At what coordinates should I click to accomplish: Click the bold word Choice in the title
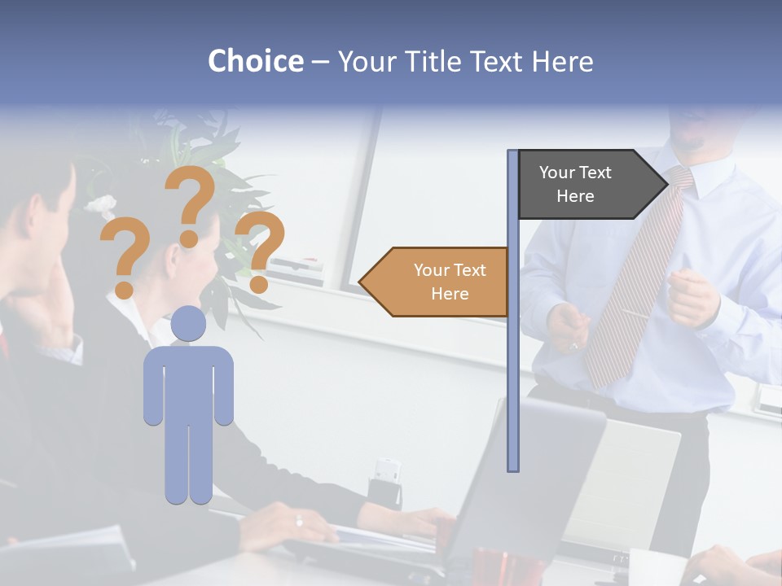click(255, 61)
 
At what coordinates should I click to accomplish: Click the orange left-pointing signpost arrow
click(436, 282)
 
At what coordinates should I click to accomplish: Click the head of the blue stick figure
click(188, 323)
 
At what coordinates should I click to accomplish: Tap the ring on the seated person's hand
click(299, 520)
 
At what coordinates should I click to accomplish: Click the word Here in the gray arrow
click(575, 196)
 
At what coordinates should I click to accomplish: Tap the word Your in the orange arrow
click(430, 270)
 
